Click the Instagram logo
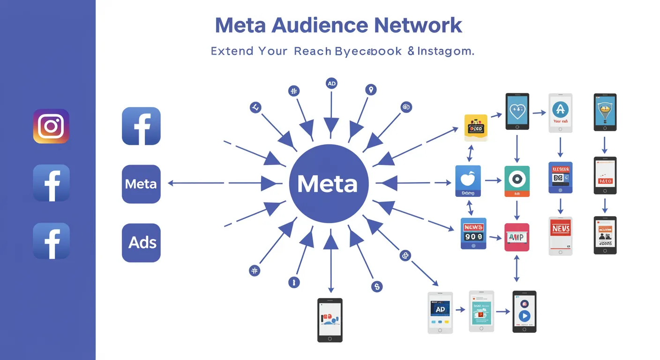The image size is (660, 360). tap(51, 126)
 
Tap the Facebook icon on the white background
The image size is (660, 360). tap(141, 126)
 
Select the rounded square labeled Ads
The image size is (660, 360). tap(141, 242)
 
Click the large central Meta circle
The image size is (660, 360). tap(328, 183)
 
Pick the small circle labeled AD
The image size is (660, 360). tap(331, 84)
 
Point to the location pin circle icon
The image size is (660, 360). tap(371, 90)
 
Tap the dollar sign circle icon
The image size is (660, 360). tap(377, 286)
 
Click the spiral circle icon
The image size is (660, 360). tap(406, 107)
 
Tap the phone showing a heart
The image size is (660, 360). tap(517, 112)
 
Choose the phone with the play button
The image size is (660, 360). tap(524, 312)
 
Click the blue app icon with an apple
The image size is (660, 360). tap(468, 181)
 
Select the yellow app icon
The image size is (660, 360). tap(476, 127)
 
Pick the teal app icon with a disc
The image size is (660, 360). tap(517, 181)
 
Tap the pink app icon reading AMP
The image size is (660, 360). tap(517, 237)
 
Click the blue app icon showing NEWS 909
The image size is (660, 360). tap(473, 233)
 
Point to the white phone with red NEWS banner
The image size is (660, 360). tap(560, 235)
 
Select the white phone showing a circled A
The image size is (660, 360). tap(560, 112)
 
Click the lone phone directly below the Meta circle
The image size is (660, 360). tap(330, 320)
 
